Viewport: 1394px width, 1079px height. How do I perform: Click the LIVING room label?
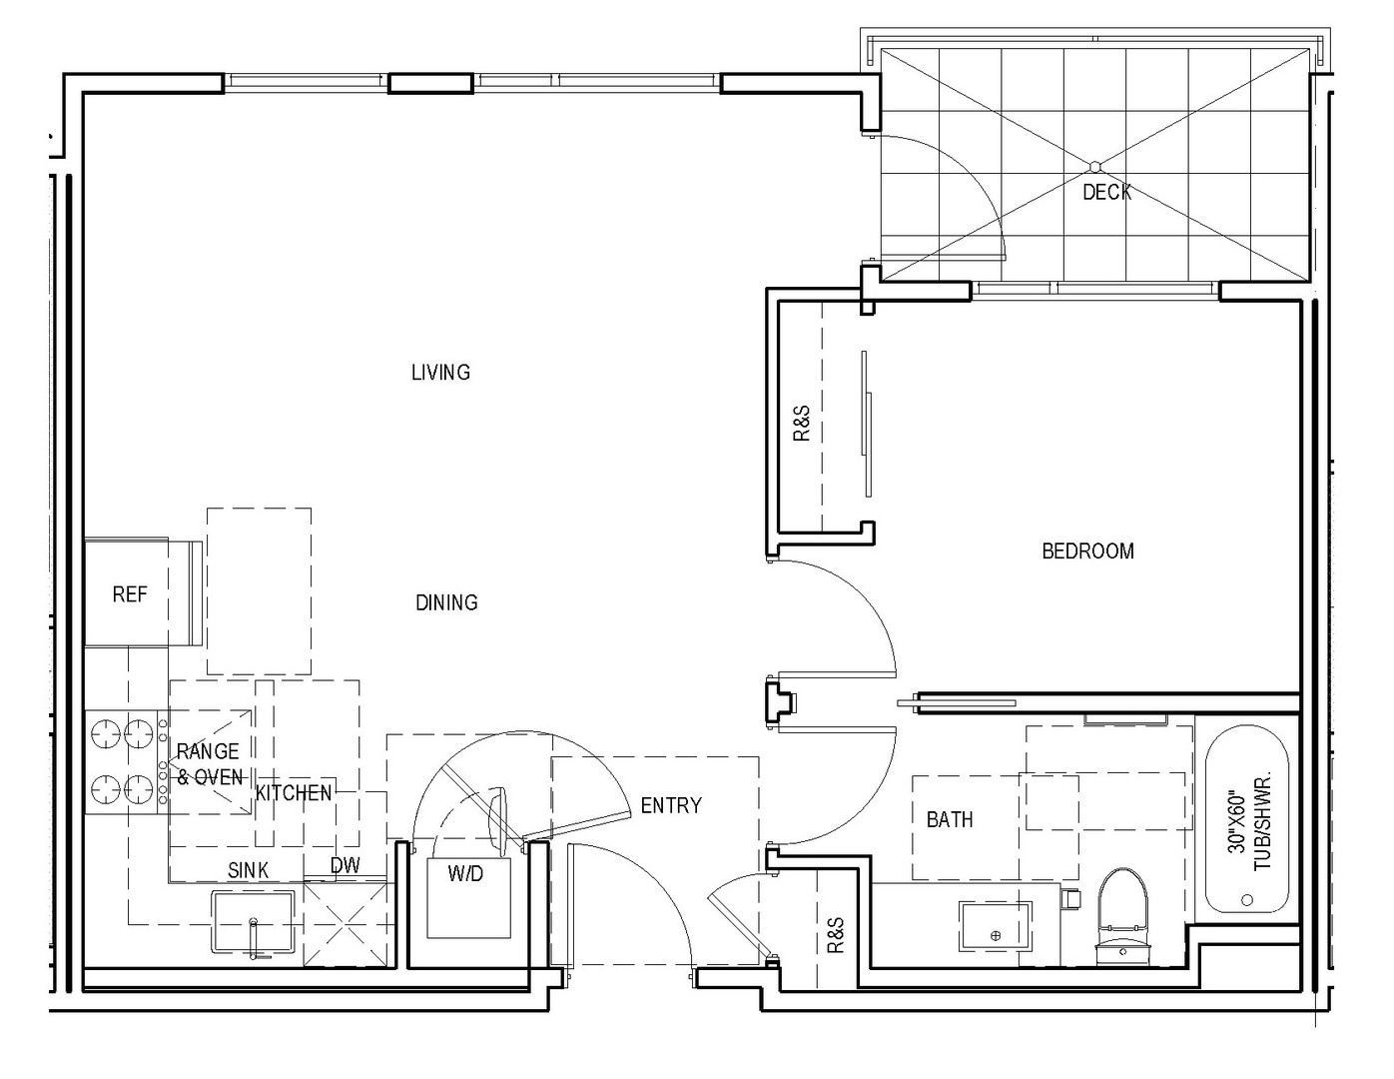coord(440,373)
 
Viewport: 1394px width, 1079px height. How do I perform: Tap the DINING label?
coord(446,602)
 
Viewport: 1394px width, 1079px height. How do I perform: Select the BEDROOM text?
coord(1088,550)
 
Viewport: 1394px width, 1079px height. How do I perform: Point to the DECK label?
coord(1106,192)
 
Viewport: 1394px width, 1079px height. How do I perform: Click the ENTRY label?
coord(671,805)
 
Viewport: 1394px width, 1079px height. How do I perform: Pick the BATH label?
coord(950,819)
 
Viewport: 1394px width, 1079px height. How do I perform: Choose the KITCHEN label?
coord(294,793)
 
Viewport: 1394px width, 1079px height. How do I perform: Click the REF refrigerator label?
coord(130,594)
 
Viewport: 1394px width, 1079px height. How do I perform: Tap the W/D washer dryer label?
coord(465,873)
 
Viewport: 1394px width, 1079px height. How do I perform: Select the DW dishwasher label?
coord(346,865)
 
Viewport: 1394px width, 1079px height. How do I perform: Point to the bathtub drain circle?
coord(1246,900)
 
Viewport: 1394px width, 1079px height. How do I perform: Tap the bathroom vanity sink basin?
coord(996,926)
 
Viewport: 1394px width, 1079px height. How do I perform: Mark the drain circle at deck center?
coord(1094,167)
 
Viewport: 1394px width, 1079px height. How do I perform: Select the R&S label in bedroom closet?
coord(802,423)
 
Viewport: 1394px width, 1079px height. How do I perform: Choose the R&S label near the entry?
coord(835,934)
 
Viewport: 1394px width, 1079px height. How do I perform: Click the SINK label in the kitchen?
coord(249,870)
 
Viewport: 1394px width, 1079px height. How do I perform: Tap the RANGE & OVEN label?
coord(209,764)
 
